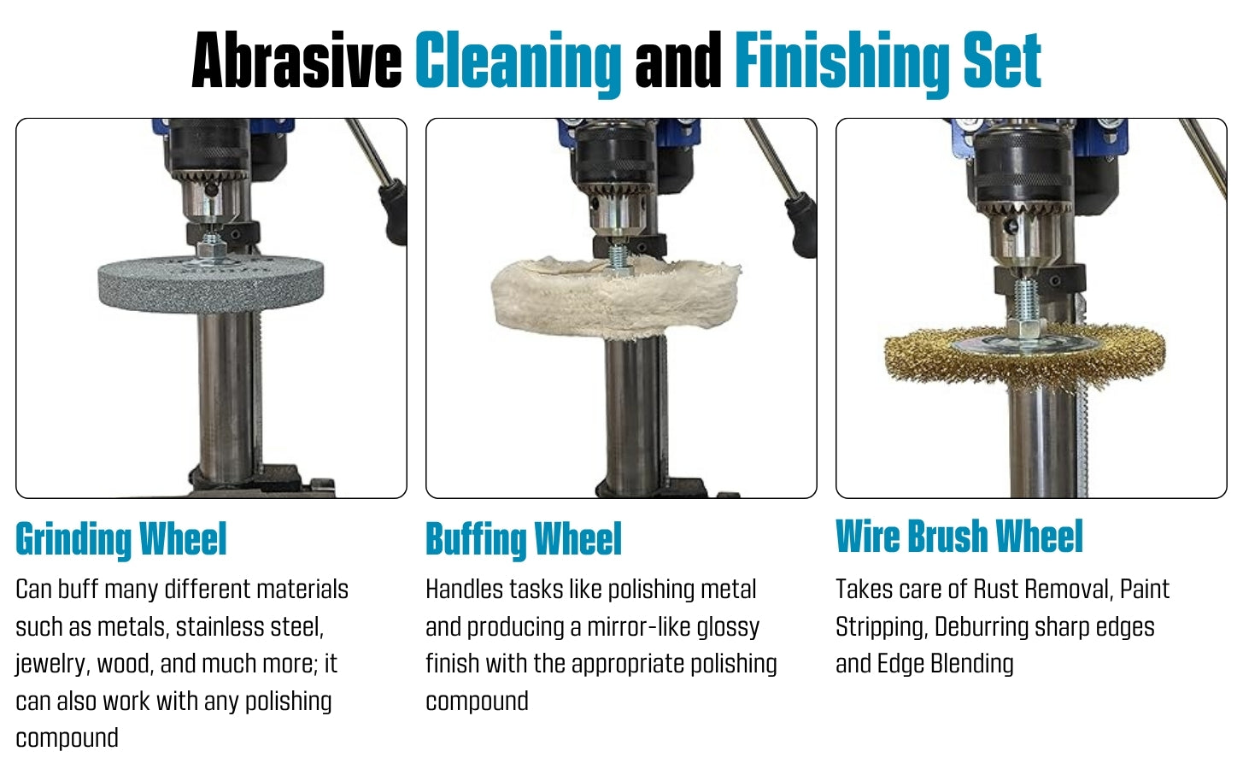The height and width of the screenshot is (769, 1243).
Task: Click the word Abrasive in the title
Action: (296, 60)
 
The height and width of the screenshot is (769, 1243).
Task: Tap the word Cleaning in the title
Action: (519, 63)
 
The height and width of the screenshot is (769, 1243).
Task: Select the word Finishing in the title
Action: (841, 63)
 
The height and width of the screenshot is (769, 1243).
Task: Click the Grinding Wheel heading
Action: (121, 539)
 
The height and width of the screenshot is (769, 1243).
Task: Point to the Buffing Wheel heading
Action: (524, 539)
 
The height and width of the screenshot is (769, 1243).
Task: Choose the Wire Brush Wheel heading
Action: (959, 537)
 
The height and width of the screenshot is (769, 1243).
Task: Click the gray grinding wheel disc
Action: (211, 284)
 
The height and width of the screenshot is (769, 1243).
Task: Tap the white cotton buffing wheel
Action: (615, 297)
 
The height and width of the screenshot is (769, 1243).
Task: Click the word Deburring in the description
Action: (982, 628)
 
